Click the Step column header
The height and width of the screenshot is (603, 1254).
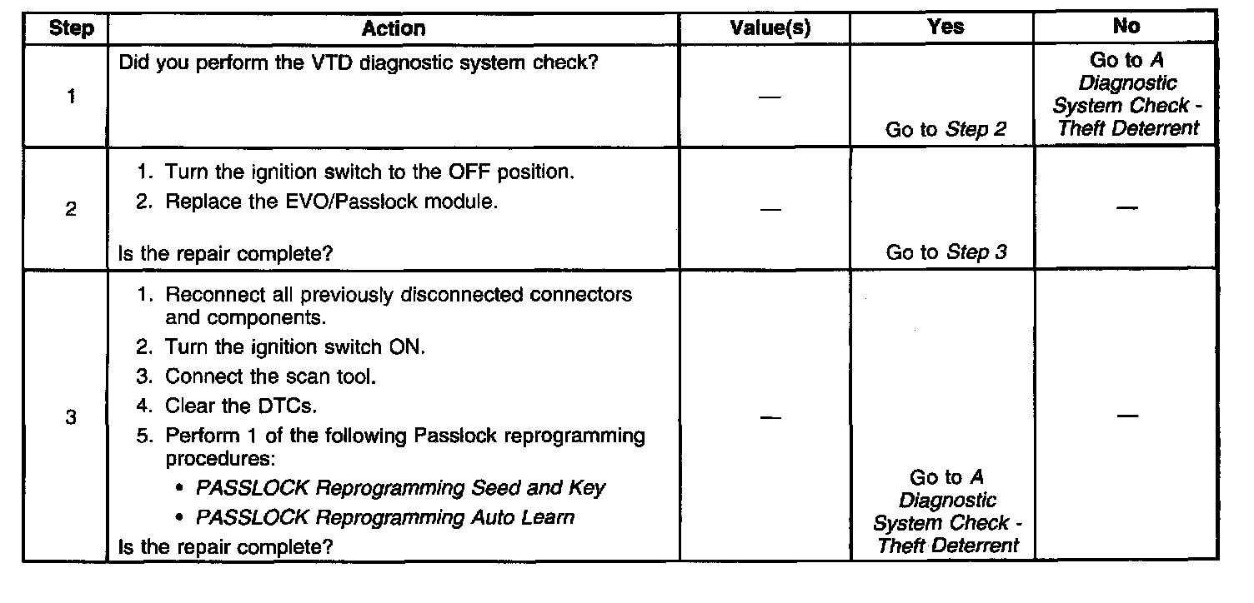[72, 28]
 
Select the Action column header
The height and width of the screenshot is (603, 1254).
[394, 28]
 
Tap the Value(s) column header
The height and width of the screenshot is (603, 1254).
[770, 28]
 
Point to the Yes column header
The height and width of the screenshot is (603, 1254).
[946, 27]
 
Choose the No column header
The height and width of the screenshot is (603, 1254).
[1126, 27]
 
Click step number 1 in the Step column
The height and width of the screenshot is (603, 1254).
[71, 97]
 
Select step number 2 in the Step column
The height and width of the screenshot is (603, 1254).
[71, 210]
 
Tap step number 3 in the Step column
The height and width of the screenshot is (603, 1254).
[71, 417]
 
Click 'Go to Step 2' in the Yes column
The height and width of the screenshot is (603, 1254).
[946, 129]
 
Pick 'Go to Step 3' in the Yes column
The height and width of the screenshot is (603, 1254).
[946, 252]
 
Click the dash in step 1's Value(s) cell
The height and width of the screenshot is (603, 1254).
[770, 98]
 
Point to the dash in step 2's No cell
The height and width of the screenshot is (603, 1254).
[1127, 208]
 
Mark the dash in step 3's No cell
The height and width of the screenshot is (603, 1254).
[1127, 416]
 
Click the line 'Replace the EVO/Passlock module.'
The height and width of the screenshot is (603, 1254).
[331, 202]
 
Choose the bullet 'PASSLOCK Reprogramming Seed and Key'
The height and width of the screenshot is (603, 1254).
[400, 487]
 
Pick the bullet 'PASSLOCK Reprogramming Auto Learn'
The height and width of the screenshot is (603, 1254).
[384, 517]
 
